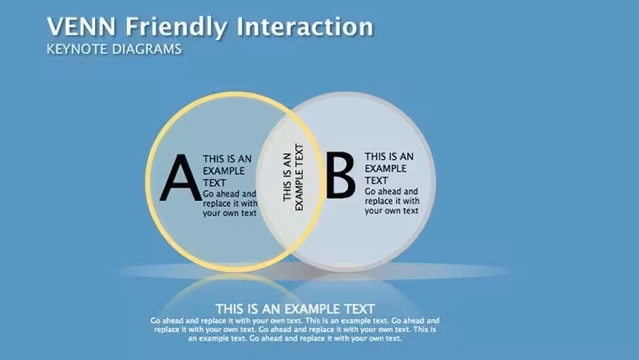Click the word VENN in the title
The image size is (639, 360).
[82, 27]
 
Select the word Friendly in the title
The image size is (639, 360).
[176, 28]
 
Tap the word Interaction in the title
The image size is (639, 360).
[305, 27]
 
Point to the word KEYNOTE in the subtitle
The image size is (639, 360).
[77, 49]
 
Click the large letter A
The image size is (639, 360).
[181, 178]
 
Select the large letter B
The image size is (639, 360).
[341, 175]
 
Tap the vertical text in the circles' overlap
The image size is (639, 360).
[293, 177]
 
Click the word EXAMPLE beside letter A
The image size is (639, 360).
[224, 171]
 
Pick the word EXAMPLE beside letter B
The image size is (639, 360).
[386, 168]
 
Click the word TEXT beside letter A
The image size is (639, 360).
[214, 183]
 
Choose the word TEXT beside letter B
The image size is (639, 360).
[376, 180]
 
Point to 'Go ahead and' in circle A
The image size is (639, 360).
[230, 193]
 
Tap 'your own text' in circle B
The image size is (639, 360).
[392, 211]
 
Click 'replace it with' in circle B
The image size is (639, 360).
[392, 201]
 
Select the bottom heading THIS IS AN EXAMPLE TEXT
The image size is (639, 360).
[295, 309]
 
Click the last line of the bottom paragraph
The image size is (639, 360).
[294, 338]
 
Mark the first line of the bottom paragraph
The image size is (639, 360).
[294, 320]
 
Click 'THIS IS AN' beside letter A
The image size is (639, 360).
[227, 159]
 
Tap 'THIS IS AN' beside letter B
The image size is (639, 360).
[389, 156]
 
